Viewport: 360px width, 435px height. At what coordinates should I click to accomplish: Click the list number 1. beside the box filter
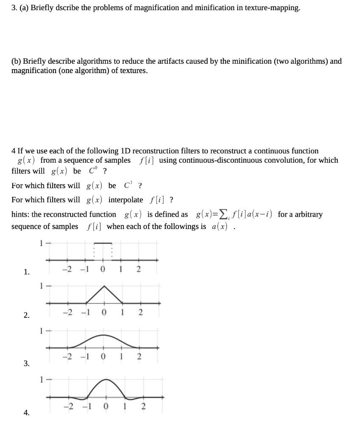[x=26, y=272]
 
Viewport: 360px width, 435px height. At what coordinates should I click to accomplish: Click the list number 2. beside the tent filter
[x=26, y=315]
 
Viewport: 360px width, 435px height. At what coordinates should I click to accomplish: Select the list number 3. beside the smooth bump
[x=26, y=363]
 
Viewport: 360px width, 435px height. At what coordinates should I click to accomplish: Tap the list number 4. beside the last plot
[x=26, y=412]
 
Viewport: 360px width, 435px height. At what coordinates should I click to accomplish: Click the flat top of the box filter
[x=102, y=243]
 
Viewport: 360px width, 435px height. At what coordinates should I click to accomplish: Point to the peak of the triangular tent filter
[x=103, y=286]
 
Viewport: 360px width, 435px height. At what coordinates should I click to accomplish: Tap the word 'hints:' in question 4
[x=20, y=215]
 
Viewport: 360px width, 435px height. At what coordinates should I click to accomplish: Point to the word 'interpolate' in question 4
[x=126, y=200]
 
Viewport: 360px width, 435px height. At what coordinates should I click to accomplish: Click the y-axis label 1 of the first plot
[x=41, y=243]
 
